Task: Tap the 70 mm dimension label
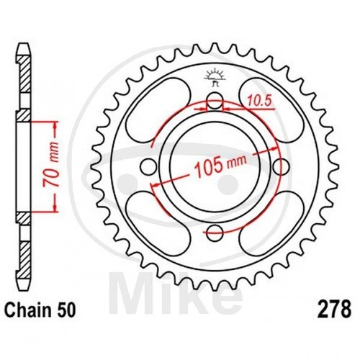point(51,165)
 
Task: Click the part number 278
point(334,310)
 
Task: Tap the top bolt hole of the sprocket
point(215,101)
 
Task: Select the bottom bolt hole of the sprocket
point(215,233)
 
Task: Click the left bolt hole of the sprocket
point(148,167)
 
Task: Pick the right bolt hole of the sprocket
point(281,167)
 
